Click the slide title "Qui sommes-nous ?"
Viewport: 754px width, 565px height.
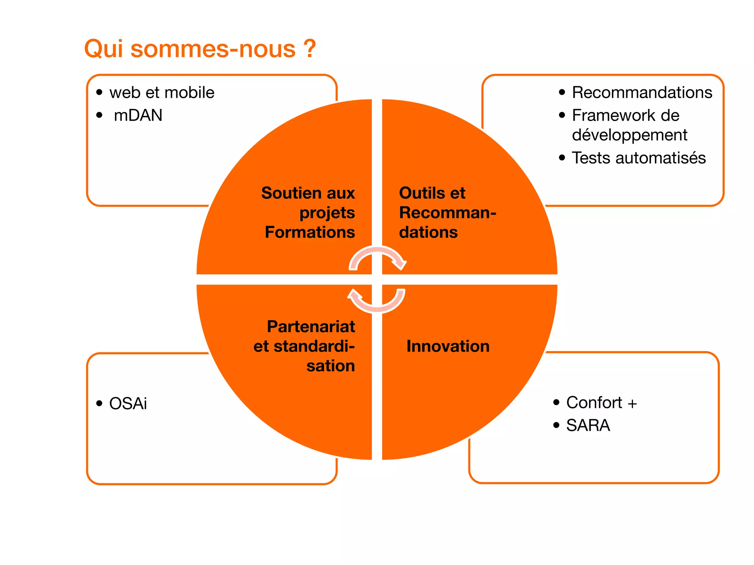point(200,49)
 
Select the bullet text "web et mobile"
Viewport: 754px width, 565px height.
point(162,93)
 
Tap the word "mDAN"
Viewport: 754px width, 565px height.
point(138,116)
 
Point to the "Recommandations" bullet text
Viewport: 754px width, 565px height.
point(642,93)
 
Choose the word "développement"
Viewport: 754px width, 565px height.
point(629,135)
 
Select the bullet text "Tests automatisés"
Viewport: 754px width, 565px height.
point(638,158)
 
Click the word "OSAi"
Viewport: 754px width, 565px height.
point(128,404)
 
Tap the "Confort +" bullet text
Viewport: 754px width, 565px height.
point(601,403)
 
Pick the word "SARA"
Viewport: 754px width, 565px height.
point(588,426)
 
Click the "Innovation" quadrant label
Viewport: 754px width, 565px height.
point(448,347)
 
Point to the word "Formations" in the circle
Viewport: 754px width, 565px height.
point(310,232)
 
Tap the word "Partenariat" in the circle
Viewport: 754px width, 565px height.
point(311,327)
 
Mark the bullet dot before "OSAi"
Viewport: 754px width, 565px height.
point(99,404)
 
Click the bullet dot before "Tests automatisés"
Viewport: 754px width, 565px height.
point(562,158)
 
